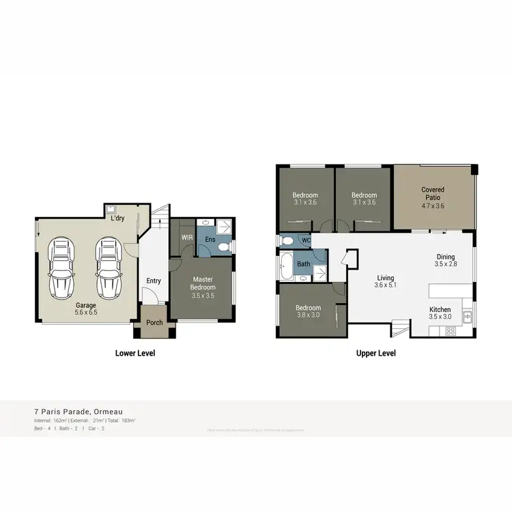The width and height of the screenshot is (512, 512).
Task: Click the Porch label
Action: (x=154, y=323)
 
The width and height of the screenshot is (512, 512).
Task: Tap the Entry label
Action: (x=154, y=281)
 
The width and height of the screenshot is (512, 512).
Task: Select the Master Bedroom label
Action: (x=203, y=283)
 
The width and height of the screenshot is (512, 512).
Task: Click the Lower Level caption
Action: (x=134, y=354)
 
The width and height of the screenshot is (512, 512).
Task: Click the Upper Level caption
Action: (x=375, y=354)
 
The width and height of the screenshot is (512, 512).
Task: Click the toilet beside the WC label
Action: (x=288, y=240)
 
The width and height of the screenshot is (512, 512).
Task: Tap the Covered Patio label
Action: (x=433, y=198)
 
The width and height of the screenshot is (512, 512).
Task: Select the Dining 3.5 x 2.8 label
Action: (x=445, y=260)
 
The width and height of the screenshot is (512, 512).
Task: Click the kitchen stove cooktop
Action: (x=451, y=331)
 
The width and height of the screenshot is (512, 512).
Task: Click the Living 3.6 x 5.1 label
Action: (x=386, y=282)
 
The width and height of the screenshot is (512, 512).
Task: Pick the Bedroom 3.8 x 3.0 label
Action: (x=307, y=311)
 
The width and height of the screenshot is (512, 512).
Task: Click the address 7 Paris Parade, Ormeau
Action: (x=79, y=412)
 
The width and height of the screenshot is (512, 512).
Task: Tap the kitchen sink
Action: (x=468, y=316)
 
